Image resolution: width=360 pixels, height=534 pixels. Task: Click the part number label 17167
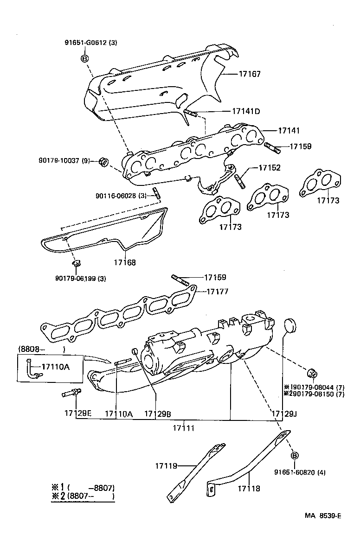250,74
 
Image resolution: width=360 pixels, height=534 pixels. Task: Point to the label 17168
125,262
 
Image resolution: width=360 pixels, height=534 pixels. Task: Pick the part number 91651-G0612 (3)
91,43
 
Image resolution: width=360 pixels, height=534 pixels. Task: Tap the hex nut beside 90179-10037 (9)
103,162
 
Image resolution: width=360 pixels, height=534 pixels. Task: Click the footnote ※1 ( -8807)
83,487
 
